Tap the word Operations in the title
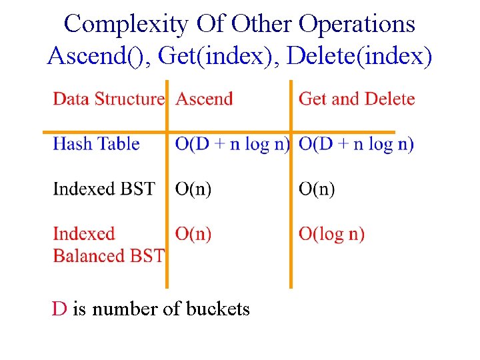pyautogui.click(x=357, y=24)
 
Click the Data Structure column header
pyautogui.click(x=108, y=99)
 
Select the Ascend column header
pyautogui.click(x=204, y=99)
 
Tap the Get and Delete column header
pyautogui.click(x=357, y=99)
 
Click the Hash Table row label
pyautogui.click(x=96, y=144)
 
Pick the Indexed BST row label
pyautogui.click(x=103, y=189)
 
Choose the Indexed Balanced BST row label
pyautogui.click(x=108, y=245)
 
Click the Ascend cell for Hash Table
pyautogui.click(x=232, y=144)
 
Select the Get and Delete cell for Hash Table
pyautogui.click(x=356, y=144)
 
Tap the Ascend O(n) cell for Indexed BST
pyautogui.click(x=193, y=189)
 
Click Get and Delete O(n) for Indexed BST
pyautogui.click(x=317, y=189)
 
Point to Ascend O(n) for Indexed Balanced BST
pyautogui.click(x=193, y=234)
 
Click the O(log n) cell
pyautogui.click(x=331, y=234)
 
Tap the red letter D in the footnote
pyautogui.click(x=59, y=309)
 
